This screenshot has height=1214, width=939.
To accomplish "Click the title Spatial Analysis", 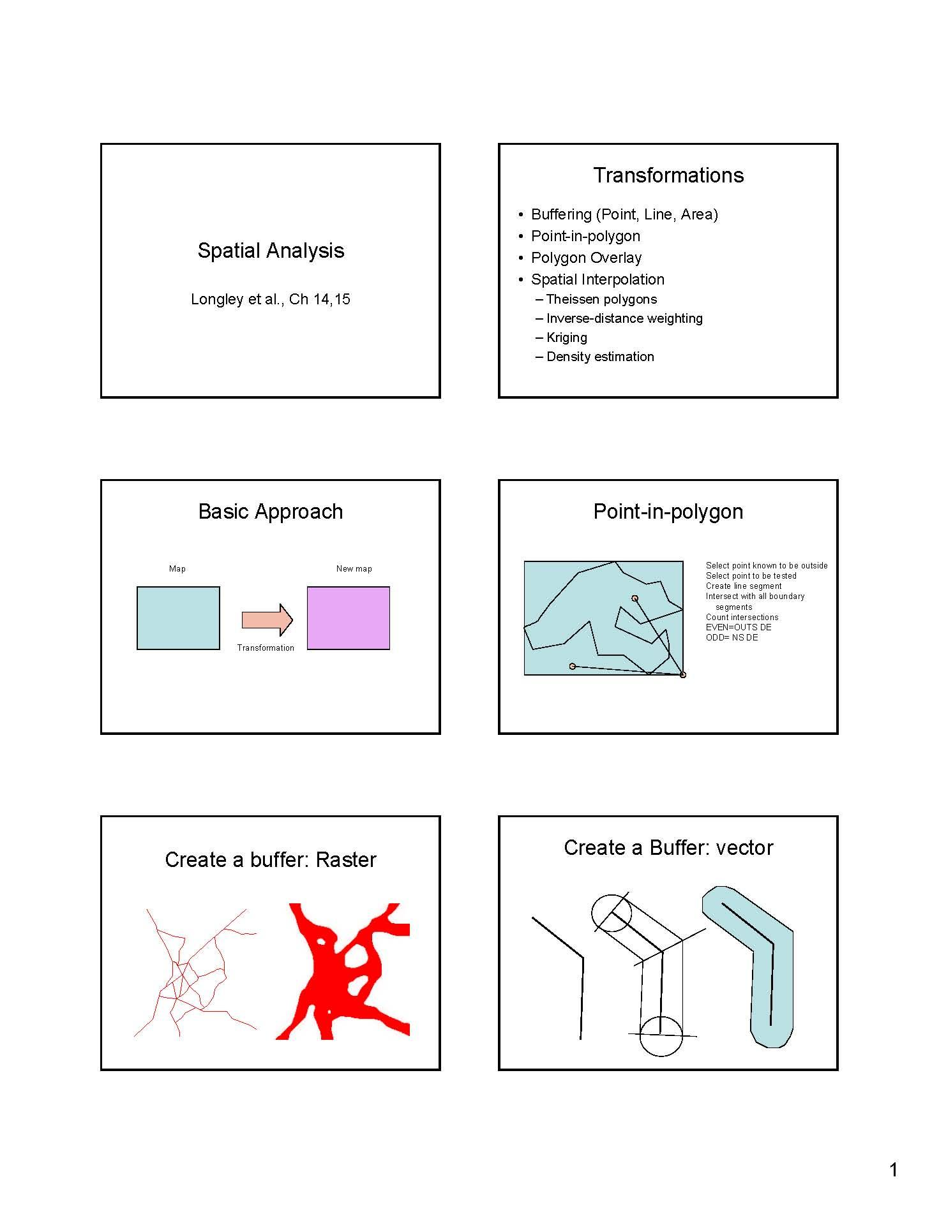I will pos(271,251).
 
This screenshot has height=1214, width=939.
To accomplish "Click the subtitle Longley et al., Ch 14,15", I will pos(271,299).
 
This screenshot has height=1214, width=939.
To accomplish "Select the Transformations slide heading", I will pos(668,175).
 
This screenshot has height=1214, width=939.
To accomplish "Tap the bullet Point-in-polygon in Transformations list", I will pos(585,236).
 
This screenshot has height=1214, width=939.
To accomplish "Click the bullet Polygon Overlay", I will pos(586,258).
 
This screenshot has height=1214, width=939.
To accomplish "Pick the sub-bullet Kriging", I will pos(566,337).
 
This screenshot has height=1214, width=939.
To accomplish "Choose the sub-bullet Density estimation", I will pos(600,357).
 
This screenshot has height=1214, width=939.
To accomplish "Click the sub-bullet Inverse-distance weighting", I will pos(624,318).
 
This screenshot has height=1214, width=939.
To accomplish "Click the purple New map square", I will pos(349,618).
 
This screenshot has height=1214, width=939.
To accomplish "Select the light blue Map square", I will pos(178,618).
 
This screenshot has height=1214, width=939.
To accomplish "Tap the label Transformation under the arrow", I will pos(266,648).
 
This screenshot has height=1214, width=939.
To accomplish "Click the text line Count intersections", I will pos(742,618).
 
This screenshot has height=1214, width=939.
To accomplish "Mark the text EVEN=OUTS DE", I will pos(739,628).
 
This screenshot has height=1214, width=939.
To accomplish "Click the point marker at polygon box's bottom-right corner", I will pos(683,675).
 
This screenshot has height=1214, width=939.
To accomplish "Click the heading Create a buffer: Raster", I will pos(271,860).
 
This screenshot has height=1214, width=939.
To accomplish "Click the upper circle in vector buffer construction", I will pos(611,914).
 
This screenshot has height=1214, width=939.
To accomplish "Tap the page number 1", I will pos(893,1169).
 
